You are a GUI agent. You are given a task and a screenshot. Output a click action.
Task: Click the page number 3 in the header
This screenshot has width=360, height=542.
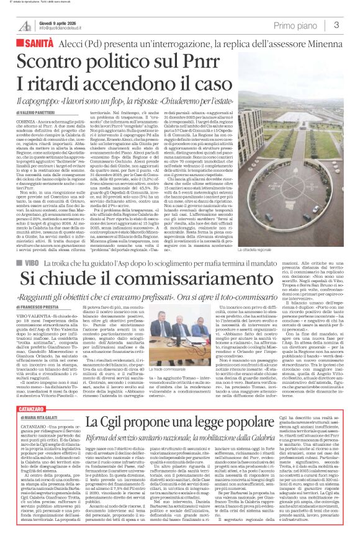[336, 25]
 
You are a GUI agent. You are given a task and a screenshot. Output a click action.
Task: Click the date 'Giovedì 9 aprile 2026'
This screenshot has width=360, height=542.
[60, 22]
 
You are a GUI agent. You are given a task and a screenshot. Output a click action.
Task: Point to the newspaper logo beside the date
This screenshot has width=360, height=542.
[25, 25]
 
